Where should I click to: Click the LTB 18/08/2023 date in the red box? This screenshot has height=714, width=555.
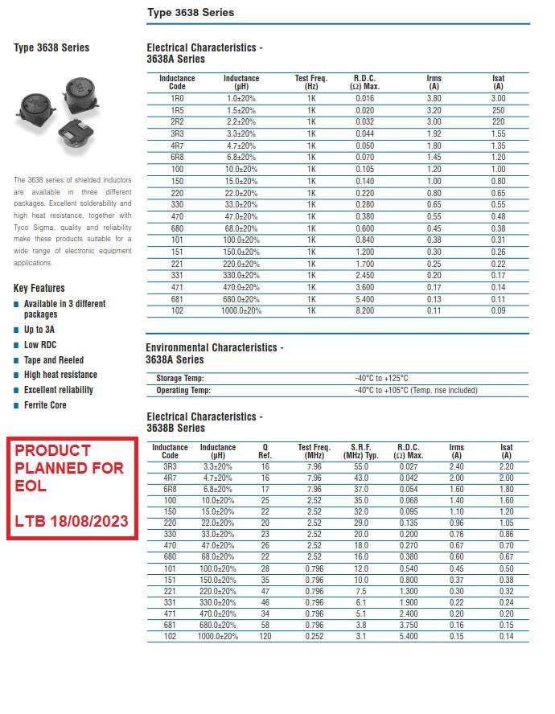72,521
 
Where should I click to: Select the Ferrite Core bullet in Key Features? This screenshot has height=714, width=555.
45,405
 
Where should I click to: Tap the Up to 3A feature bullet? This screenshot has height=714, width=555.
39,330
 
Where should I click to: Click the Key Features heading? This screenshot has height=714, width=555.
39,288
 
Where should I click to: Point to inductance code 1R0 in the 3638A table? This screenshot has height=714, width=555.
177,98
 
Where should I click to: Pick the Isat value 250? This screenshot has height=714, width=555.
498,110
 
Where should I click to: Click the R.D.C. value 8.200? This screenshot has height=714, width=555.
364,310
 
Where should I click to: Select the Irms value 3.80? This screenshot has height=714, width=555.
434,98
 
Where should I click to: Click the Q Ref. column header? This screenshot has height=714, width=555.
265,451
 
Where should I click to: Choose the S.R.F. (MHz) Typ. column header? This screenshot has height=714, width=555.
360,451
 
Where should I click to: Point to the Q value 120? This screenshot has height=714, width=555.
265,637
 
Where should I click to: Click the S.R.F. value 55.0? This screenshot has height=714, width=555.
360,466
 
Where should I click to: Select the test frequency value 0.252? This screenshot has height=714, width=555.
314,637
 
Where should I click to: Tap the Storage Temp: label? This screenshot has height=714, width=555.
180,378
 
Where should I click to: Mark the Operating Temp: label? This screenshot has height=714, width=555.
183,390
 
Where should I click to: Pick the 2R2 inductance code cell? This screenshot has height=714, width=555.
177,122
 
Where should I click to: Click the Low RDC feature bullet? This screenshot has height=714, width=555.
40,345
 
